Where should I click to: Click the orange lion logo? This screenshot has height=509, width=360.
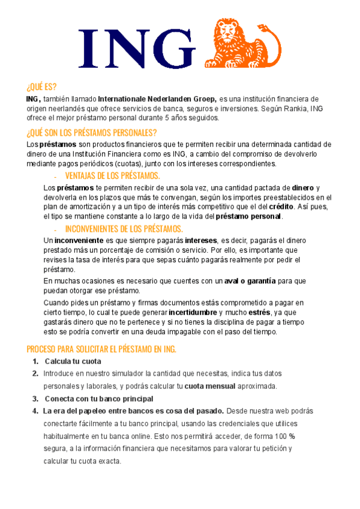[243, 43]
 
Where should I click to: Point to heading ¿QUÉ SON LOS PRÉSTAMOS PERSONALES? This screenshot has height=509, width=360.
[92, 133]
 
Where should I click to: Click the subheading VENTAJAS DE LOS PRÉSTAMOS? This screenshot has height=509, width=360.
[112, 176]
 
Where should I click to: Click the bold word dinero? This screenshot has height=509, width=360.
[302, 188]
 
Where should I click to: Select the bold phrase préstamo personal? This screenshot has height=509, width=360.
[248, 216]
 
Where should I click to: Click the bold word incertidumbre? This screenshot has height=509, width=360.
[193, 313]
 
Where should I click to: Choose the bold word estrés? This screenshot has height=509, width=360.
[258, 313]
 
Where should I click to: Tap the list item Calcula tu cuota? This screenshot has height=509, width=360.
[73, 361]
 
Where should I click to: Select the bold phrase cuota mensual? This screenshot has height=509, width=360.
[209, 386]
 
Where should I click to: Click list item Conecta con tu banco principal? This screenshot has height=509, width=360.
[99, 399]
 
